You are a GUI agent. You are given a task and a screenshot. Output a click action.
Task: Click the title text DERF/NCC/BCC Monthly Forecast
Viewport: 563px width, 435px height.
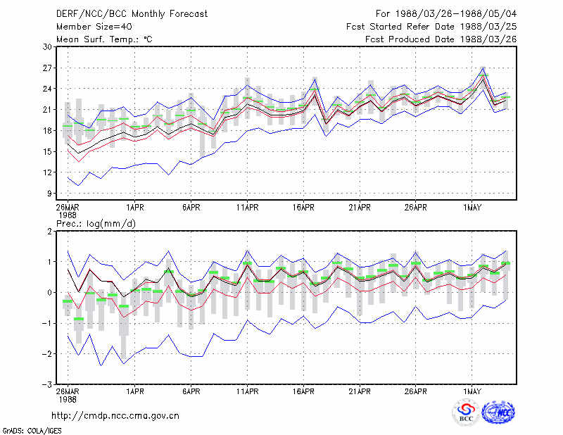click(132, 14)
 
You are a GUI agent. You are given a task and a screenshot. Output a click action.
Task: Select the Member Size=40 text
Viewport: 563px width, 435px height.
click(94, 27)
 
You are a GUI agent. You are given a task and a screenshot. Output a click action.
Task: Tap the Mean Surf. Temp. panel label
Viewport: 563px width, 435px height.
click(104, 39)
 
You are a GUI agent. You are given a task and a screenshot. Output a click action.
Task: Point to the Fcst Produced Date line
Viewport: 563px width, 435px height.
click(441, 39)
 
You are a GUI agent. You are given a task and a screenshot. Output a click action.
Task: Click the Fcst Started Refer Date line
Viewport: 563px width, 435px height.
click(431, 27)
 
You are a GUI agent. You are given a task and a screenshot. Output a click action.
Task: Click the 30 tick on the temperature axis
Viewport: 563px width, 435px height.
click(47, 47)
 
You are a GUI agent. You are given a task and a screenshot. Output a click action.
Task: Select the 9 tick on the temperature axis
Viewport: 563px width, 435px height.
click(49, 194)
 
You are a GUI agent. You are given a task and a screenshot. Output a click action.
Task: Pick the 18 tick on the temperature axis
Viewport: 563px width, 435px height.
click(47, 131)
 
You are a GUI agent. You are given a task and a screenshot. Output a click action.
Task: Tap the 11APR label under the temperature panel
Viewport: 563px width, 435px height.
click(248, 208)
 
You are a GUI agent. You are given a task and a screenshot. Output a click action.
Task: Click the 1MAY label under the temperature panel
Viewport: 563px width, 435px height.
click(472, 208)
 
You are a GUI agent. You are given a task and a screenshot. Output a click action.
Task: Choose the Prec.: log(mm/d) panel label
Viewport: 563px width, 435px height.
click(96, 224)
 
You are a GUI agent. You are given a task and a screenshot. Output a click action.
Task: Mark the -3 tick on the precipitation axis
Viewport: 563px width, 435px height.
click(47, 385)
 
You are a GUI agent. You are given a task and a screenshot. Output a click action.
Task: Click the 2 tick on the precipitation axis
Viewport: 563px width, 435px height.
click(49, 232)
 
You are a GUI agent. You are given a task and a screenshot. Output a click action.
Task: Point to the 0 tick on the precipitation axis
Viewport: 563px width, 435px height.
click(49, 293)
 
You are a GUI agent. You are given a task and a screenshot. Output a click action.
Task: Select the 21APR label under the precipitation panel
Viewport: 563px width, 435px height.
click(360, 391)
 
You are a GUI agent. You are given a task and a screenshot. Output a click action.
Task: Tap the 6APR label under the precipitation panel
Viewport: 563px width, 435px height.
click(191, 391)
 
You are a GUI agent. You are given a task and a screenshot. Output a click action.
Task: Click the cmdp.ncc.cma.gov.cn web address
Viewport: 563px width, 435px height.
click(115, 416)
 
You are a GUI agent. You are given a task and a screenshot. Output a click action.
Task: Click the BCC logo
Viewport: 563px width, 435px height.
click(466, 413)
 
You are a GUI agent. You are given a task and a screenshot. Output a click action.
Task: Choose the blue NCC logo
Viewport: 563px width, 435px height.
click(498, 412)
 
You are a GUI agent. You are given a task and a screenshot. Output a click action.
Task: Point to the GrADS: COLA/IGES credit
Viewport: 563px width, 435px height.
click(32, 431)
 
